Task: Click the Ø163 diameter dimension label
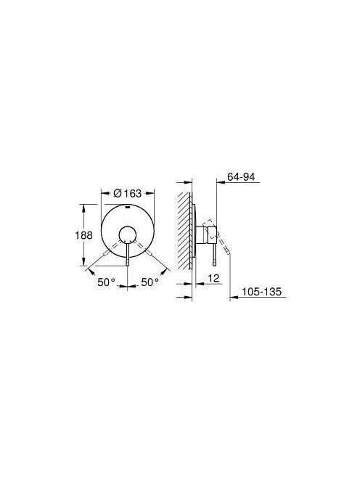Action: (x=127, y=193)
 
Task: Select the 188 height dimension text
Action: (x=84, y=235)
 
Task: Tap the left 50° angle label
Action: (x=107, y=282)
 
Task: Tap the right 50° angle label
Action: (x=150, y=282)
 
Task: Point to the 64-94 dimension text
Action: (x=241, y=176)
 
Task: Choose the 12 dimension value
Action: (x=213, y=278)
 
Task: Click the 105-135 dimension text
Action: (x=261, y=292)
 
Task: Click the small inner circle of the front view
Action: (x=127, y=235)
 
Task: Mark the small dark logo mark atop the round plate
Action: (x=127, y=207)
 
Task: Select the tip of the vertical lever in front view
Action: (x=127, y=263)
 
